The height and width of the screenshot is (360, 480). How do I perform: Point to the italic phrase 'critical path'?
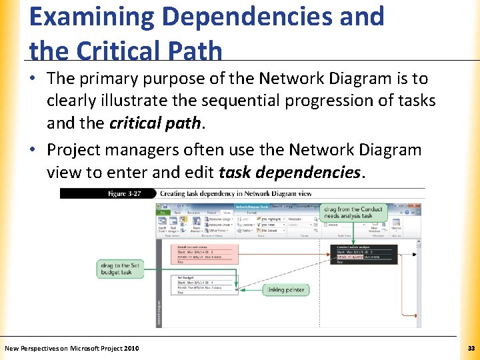point(154,123)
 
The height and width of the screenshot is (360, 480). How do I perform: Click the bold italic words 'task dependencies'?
point(289,173)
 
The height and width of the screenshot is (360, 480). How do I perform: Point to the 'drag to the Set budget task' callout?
point(121,269)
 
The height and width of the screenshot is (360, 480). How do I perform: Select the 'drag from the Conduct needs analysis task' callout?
point(353,212)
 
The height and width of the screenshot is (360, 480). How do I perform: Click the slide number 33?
point(471,348)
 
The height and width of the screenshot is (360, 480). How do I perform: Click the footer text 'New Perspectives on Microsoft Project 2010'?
point(72,348)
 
